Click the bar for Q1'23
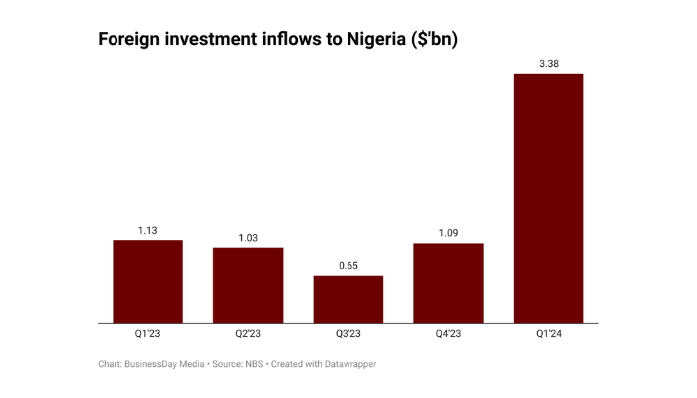click(x=147, y=282)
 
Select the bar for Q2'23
click(x=248, y=286)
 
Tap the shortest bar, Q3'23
click(x=348, y=299)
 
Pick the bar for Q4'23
click(x=448, y=284)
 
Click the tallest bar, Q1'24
click(x=549, y=199)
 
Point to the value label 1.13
click(x=147, y=231)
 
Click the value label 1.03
click(x=248, y=238)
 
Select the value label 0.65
click(x=348, y=266)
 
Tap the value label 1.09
click(x=448, y=234)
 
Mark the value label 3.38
click(x=549, y=65)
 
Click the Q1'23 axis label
click(x=147, y=335)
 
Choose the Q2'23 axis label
click(x=248, y=335)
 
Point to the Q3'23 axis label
click(x=348, y=335)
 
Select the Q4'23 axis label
click(x=448, y=335)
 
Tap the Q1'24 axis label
click(x=549, y=335)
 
